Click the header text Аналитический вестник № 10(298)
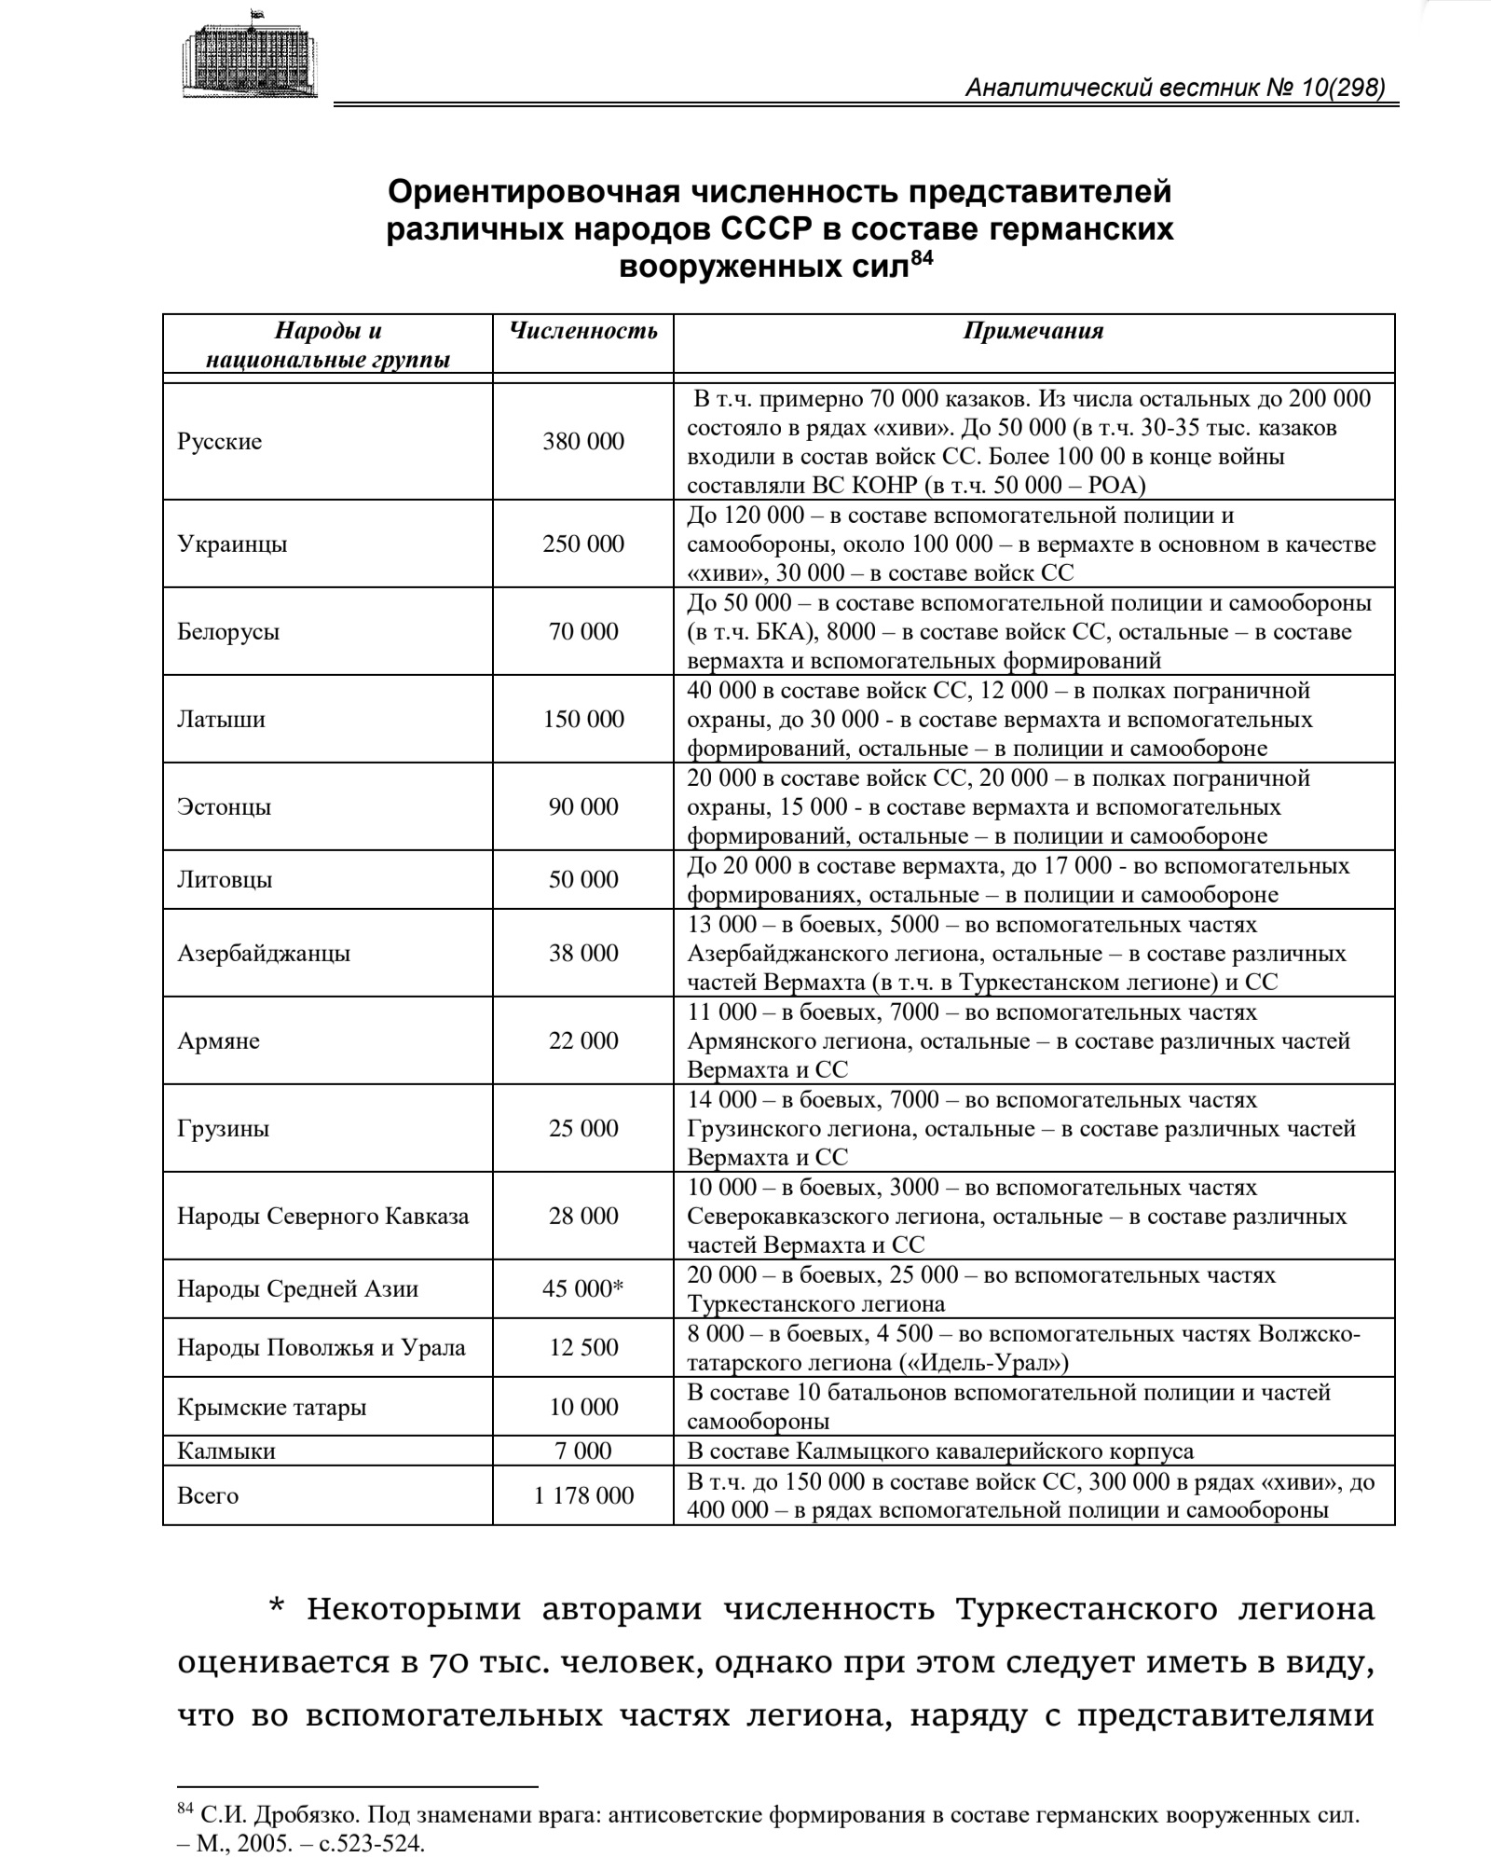1175,88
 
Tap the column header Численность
583,330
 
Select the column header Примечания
1033,330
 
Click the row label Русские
220,441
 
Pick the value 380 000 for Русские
583,441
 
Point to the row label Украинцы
232,544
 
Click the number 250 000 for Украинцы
583,544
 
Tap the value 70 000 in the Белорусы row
583,631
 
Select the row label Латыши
221,719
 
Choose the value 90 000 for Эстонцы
583,806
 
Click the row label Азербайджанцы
264,953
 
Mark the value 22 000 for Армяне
583,1040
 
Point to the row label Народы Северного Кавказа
323,1216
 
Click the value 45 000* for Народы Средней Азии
583,1288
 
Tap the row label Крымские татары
272,1407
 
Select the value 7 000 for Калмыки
583,1451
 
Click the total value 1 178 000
583,1495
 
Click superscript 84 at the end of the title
921,258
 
